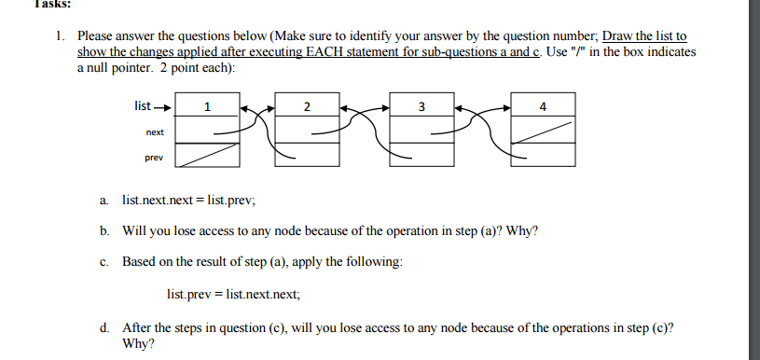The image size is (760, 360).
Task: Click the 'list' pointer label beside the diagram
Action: pyautogui.click(x=145, y=104)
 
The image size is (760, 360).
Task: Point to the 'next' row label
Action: pyautogui.click(x=154, y=132)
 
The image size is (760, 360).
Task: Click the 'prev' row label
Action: pyautogui.click(x=154, y=158)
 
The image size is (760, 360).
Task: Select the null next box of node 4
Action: pyautogui.click(x=543, y=132)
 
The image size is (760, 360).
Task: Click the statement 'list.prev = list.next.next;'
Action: pyautogui.click(x=234, y=294)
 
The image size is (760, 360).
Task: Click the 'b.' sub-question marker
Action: pyautogui.click(x=104, y=230)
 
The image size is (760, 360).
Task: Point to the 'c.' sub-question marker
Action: pyautogui.click(x=104, y=262)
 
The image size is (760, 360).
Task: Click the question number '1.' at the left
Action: pyautogui.click(x=60, y=36)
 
